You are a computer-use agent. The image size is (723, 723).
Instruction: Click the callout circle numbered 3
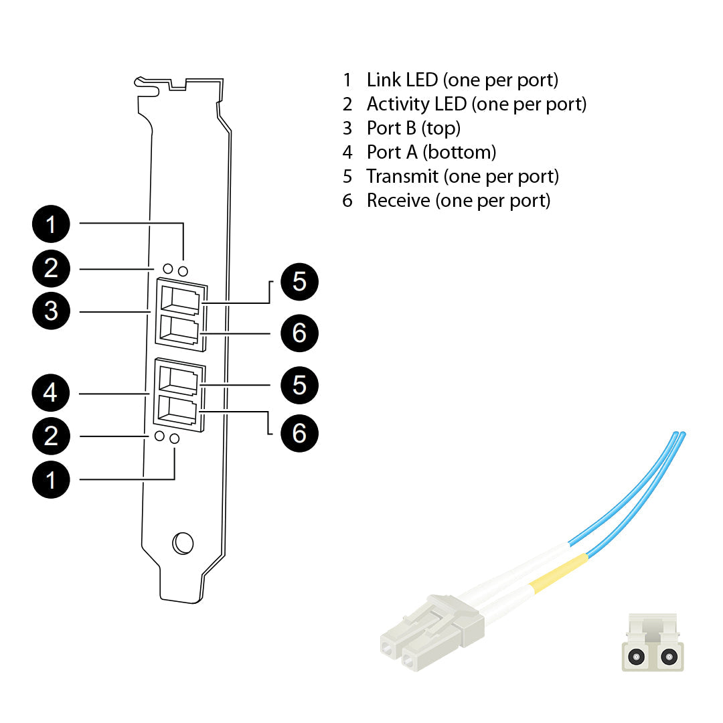[x=51, y=311]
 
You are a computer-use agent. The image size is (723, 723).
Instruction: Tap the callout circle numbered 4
[x=51, y=393]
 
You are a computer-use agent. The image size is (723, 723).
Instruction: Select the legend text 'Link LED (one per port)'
[x=462, y=80]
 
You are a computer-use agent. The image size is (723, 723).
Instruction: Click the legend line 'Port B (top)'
[x=413, y=128]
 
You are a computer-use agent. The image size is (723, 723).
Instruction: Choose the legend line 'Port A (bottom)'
[x=431, y=152]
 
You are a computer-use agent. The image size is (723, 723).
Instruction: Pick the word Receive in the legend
[x=398, y=200]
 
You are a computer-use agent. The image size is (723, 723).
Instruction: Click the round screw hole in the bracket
[x=182, y=543]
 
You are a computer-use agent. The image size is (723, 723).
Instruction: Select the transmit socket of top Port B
[x=179, y=301]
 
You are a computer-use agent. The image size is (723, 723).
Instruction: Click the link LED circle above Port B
[x=183, y=271]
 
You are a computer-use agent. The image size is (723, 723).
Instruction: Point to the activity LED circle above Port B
[x=167, y=268]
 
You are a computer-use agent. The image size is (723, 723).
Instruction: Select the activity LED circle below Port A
[x=159, y=436]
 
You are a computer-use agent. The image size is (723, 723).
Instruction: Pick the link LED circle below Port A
[x=175, y=438]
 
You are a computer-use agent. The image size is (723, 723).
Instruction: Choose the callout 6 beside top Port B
[x=299, y=333]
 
